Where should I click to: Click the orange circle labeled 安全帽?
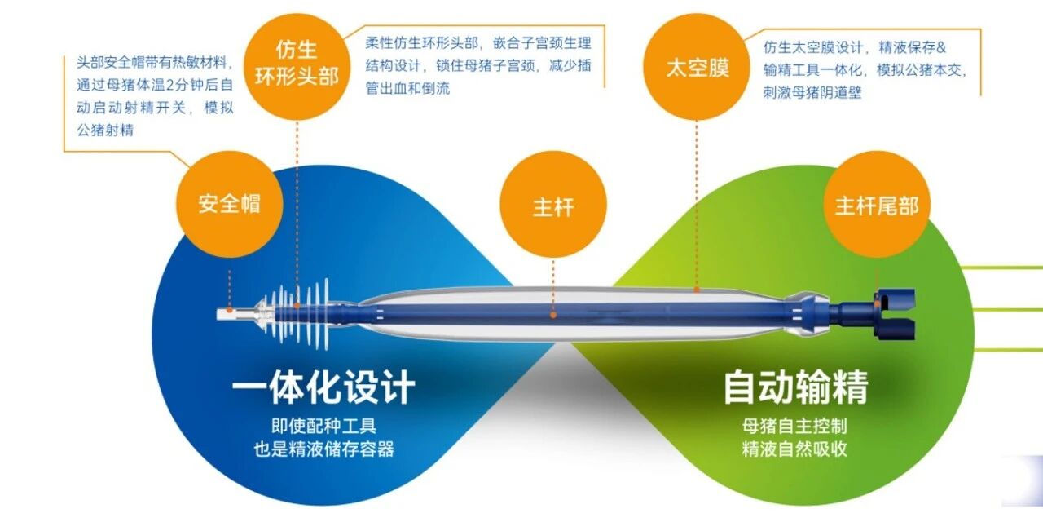[x=229, y=204]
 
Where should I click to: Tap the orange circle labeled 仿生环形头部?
[x=297, y=66]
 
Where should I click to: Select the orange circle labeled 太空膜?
[x=697, y=67]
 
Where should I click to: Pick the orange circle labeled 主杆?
[x=553, y=204]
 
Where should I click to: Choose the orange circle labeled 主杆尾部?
[x=877, y=204]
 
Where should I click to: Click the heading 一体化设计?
[x=323, y=387]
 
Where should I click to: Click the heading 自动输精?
[x=796, y=387]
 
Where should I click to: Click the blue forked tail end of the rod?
[x=894, y=314]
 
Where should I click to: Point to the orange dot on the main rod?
[x=553, y=315]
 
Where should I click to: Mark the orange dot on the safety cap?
[x=230, y=309]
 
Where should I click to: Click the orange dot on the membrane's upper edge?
[x=697, y=290]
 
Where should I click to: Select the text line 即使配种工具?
[x=323, y=426]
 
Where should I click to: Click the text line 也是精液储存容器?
[x=323, y=449]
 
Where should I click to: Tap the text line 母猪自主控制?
[x=794, y=426]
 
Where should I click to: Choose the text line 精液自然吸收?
[x=794, y=449]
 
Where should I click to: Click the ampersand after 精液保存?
[x=941, y=47]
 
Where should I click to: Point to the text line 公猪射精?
[x=105, y=130]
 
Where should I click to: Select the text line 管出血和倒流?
[x=408, y=88]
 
